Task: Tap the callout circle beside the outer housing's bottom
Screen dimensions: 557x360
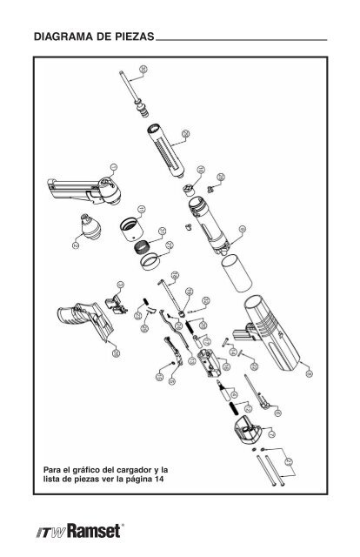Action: pyautogui.click(x=309, y=369)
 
